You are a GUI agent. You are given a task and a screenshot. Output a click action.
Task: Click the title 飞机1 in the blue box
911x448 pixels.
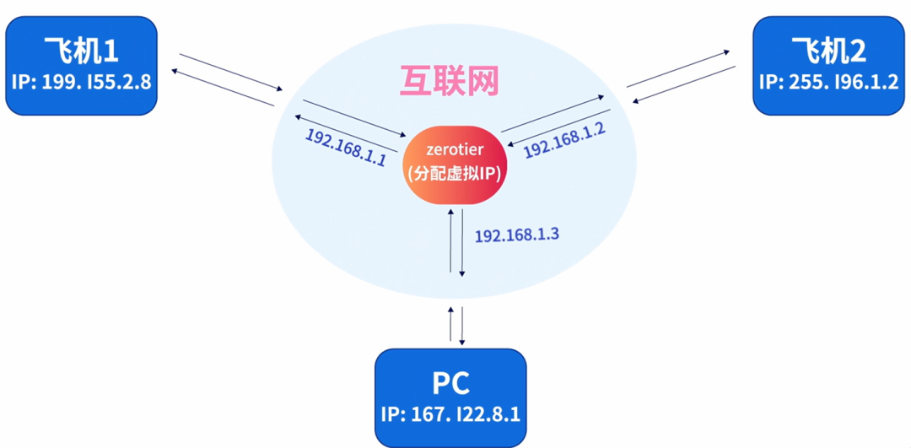click(81, 52)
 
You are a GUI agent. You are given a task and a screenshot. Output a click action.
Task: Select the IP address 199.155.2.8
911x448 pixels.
click(81, 83)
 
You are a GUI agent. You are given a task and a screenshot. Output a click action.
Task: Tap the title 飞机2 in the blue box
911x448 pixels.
click(828, 52)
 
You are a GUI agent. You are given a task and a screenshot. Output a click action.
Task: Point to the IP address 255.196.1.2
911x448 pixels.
click(828, 82)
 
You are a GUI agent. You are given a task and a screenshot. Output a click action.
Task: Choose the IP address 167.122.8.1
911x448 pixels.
click(450, 415)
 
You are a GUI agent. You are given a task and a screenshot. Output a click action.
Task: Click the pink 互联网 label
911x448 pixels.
click(449, 82)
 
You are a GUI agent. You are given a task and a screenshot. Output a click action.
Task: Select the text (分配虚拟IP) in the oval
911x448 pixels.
click(453, 175)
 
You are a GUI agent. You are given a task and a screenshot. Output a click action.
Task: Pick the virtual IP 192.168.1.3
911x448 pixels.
click(516, 235)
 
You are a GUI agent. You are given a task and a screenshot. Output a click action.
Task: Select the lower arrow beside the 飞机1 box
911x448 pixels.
click(224, 89)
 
